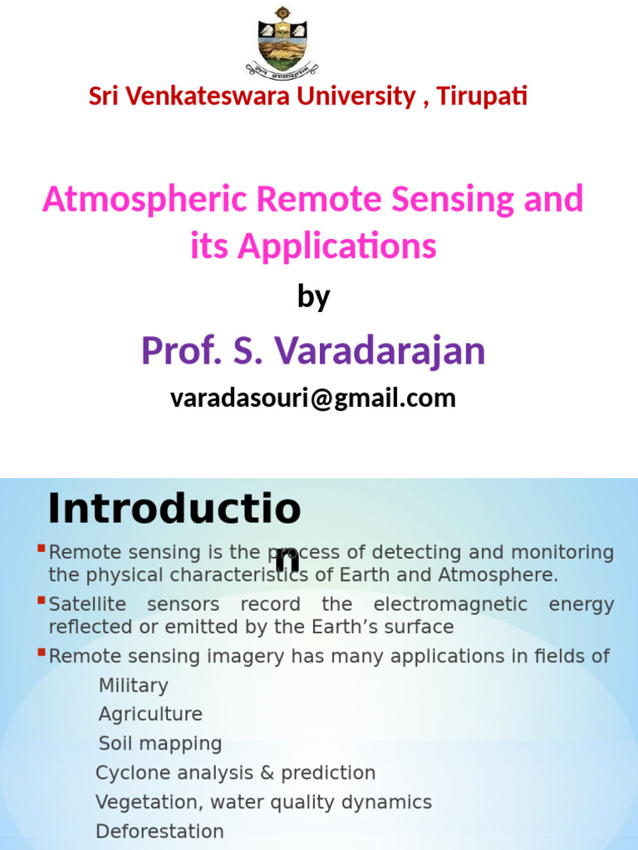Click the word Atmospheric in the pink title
[x=146, y=200]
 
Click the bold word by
[x=313, y=297]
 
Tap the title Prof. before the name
[x=173, y=350]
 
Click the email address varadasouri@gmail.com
[x=313, y=398]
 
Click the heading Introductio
[x=174, y=509]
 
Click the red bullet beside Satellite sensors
[x=42, y=600]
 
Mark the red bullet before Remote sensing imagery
[x=42, y=652]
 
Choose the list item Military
[x=133, y=686]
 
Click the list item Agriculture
[x=150, y=715]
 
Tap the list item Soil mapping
[x=160, y=744]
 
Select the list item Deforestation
[x=159, y=831]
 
